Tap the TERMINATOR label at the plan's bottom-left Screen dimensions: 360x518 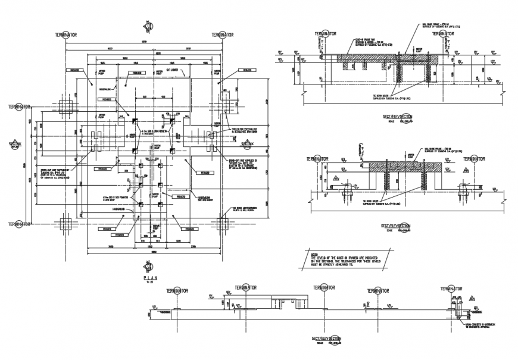[19, 224]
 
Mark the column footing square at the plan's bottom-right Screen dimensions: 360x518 [222, 224]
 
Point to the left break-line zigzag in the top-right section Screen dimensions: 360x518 [305, 88]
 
